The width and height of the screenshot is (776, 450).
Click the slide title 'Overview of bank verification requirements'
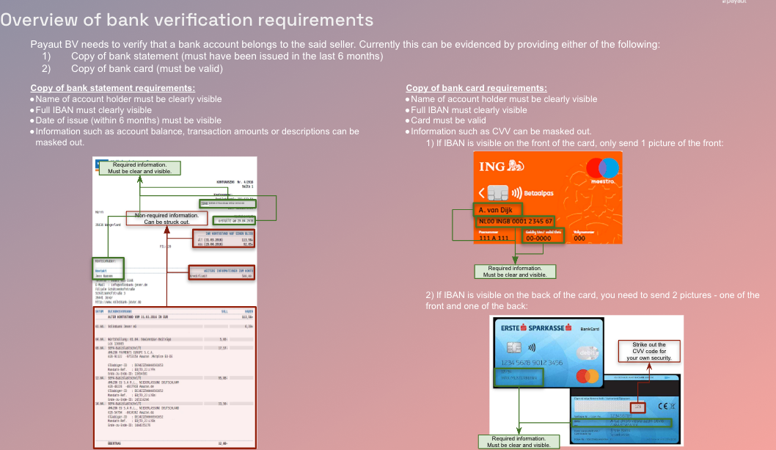(x=186, y=21)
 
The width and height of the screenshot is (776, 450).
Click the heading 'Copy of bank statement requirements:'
(x=112, y=88)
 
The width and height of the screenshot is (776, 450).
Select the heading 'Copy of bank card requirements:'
(x=476, y=88)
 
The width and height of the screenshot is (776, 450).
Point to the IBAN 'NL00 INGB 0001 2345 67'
(x=514, y=221)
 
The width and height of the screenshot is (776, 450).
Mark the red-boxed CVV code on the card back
(x=637, y=406)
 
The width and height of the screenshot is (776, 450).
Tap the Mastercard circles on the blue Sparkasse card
(x=588, y=376)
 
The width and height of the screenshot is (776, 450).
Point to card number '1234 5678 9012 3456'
(x=531, y=363)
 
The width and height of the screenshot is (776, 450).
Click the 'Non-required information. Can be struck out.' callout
(x=166, y=218)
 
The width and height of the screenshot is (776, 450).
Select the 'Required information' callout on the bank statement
(x=139, y=168)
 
